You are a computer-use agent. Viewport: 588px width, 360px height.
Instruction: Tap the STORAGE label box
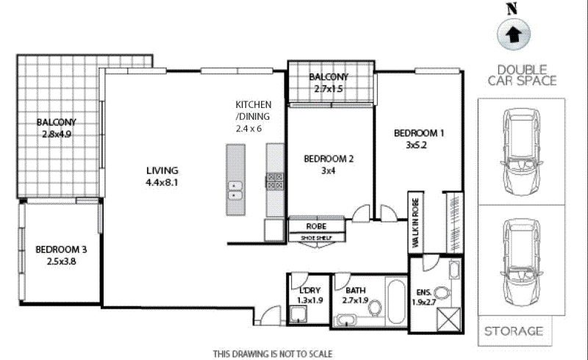tap(514, 331)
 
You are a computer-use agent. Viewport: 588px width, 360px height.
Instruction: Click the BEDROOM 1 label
tap(419, 133)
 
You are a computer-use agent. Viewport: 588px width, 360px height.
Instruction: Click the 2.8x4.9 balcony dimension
tap(57, 134)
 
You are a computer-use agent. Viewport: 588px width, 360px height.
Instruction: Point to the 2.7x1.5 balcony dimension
tap(329, 89)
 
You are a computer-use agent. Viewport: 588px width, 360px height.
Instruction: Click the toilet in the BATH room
tap(374, 312)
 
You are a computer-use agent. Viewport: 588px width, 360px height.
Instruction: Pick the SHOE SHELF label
tap(316, 237)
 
